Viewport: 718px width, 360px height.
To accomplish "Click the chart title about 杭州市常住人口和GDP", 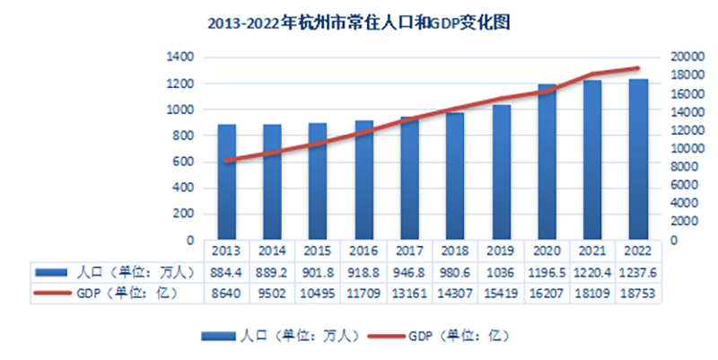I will [x=359, y=22].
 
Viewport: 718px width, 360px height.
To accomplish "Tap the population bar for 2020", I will [x=547, y=162].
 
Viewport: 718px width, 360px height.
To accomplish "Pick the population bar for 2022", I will [x=638, y=160].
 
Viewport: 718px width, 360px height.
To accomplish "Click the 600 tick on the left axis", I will [x=183, y=162].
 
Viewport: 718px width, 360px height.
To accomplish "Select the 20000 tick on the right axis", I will [x=685, y=57].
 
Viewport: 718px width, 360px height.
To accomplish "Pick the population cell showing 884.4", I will [x=227, y=271].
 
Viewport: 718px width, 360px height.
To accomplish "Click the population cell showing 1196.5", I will [x=547, y=271].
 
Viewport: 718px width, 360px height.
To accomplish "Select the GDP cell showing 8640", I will [x=227, y=292].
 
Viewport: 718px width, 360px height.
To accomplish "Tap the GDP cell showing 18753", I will [x=638, y=292].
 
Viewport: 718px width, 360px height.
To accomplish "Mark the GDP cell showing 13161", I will [x=409, y=292].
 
